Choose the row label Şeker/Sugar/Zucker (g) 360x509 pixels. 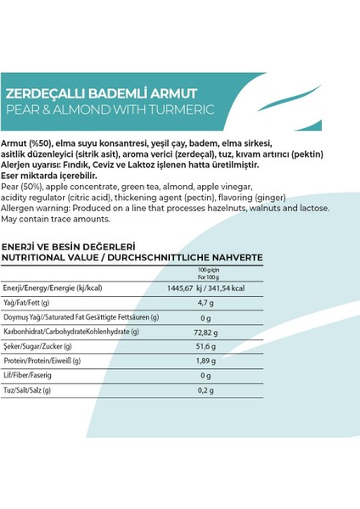pyautogui.click(x=40, y=346)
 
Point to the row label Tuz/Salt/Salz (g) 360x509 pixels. pyautogui.click(x=29, y=390)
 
